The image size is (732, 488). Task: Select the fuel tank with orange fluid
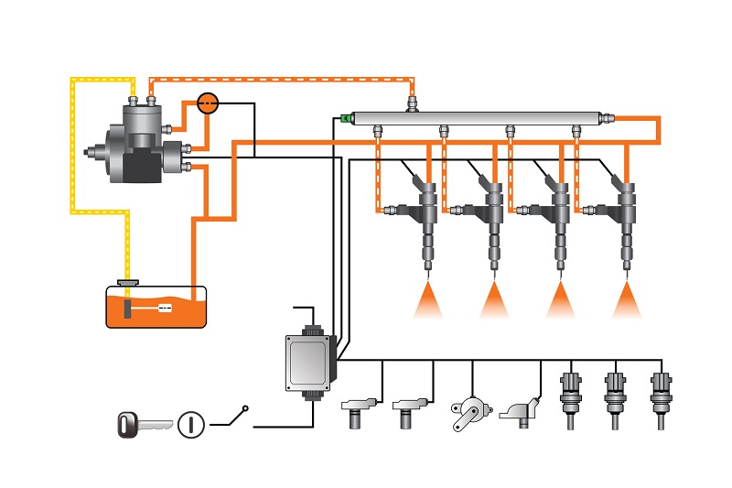coord(156,308)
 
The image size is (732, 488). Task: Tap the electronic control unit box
coord(309,362)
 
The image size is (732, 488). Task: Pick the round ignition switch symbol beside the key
coord(190,424)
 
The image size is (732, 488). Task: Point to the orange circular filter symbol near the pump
coord(209,103)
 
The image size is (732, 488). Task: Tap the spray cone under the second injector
coord(494,300)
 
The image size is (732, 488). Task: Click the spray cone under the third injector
coord(561,300)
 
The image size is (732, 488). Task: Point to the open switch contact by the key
coord(234,417)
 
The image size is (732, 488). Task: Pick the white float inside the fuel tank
coord(166,309)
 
